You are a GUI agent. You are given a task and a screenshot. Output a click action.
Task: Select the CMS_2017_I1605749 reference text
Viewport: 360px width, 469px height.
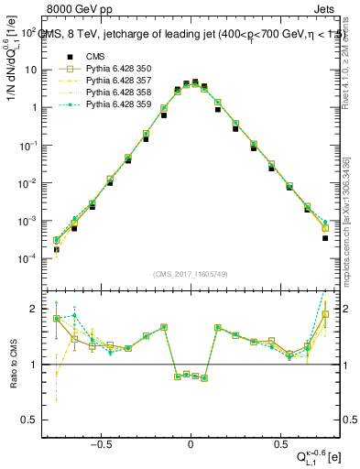click(x=191, y=274)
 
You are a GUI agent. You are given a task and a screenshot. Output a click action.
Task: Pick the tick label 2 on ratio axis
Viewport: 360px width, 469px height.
click(x=36, y=309)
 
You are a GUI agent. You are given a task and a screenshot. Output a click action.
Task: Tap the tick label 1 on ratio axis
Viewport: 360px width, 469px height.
click(x=36, y=365)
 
